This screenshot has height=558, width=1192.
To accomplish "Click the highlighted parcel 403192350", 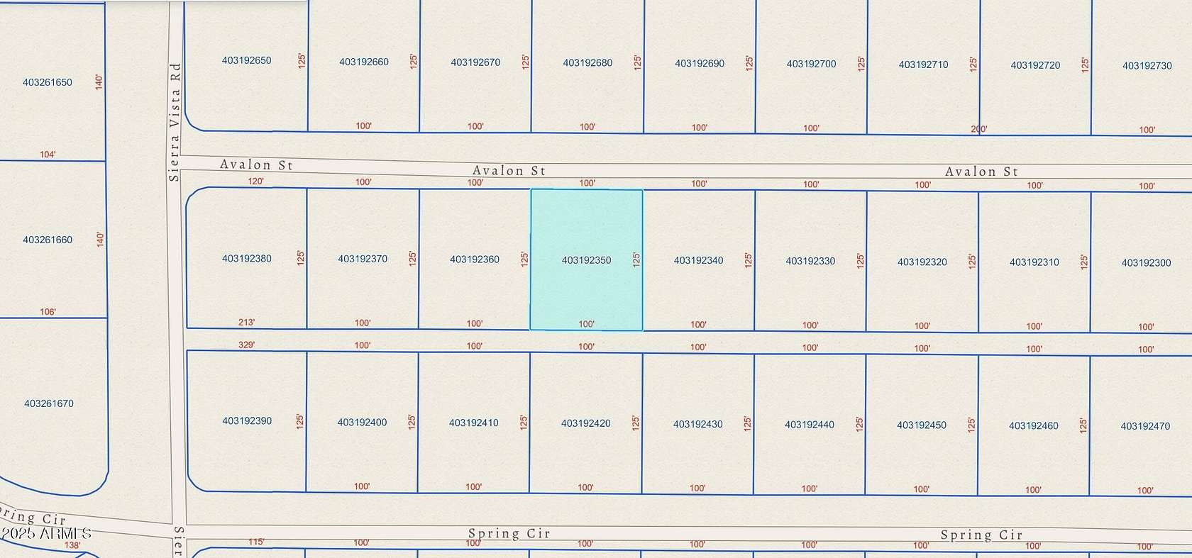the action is [586, 260].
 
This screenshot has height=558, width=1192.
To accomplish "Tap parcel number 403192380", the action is [247, 259].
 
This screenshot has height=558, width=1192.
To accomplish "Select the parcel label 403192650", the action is [247, 60].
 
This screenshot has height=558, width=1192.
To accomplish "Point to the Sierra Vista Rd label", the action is [175, 122].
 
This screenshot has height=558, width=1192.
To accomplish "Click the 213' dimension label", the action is [246, 323].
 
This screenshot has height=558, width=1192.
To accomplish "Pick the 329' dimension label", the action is [246, 345].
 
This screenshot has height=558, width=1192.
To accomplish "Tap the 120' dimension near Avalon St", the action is [255, 182].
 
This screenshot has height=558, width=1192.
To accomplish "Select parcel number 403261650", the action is [48, 82].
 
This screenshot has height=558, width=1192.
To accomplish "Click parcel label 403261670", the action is [49, 403].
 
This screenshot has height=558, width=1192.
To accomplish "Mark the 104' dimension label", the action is [48, 155].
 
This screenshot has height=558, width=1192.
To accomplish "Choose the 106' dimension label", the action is [48, 312].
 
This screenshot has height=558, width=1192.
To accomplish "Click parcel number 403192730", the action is [1147, 65].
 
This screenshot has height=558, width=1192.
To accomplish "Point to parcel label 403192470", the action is [1145, 426].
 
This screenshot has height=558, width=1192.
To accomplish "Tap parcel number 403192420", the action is [586, 423].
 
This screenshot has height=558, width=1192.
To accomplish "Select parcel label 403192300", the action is [1146, 262].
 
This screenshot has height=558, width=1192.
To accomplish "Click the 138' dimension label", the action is [72, 545].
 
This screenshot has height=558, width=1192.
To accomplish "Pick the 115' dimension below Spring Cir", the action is [256, 542].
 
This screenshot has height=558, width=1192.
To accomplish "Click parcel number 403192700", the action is [811, 64].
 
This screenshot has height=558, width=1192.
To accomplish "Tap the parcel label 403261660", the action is [48, 240].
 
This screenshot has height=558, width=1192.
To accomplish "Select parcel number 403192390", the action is [247, 421].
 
